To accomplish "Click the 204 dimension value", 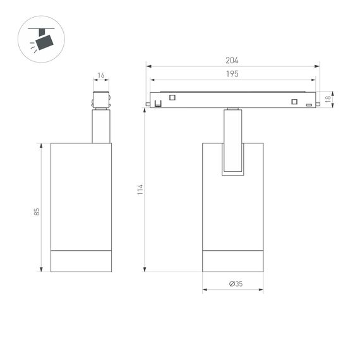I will coord(232,61).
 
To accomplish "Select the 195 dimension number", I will coord(232,75).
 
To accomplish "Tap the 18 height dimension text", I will coord(328,99).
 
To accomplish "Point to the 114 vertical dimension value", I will coord(140,189).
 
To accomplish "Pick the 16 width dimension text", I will coord(101,75).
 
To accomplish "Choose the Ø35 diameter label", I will coord(235,284).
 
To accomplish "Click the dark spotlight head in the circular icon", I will coord(44,42).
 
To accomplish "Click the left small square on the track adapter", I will coord(171,97).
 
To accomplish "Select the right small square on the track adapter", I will coord(294,102).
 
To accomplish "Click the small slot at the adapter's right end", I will coord(308,105).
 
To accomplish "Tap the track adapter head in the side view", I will coord(101,101).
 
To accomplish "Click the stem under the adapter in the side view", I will coord(101,126).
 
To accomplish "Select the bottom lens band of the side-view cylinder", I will coord(81,261).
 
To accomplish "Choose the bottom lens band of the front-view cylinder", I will coord(232,261).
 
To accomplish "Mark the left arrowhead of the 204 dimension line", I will coord(148,66).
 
